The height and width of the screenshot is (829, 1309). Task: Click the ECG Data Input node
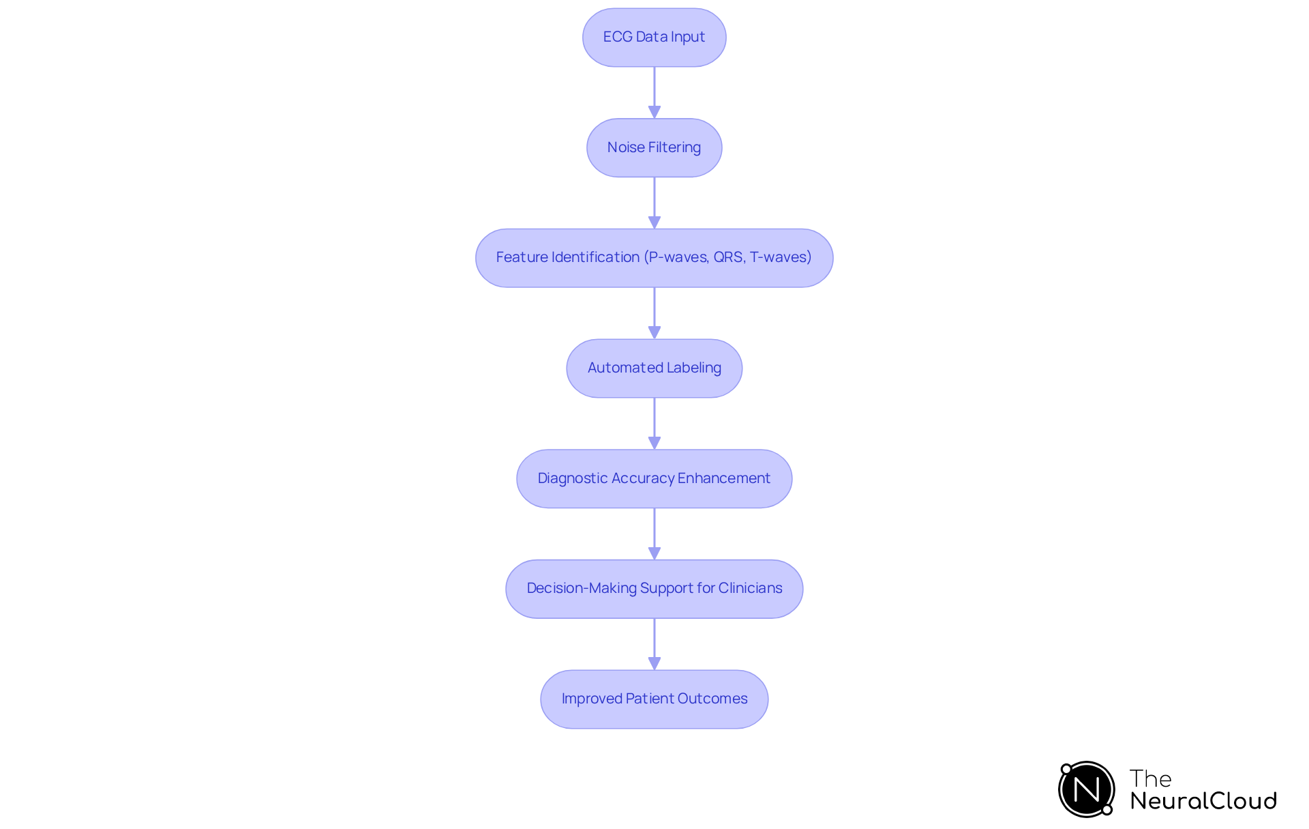coord(654,38)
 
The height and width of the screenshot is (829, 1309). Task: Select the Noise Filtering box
coord(654,147)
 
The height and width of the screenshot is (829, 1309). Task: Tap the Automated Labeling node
coord(654,368)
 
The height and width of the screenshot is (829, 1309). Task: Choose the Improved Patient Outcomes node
coord(654,699)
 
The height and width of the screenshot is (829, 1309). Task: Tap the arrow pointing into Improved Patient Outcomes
coord(654,643)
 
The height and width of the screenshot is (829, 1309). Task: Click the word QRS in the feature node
coord(729,257)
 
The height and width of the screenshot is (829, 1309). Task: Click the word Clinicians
coord(750,588)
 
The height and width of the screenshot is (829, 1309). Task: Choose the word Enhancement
coord(723,478)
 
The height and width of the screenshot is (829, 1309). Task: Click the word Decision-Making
coord(582,588)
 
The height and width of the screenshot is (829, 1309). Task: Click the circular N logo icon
coord(1086,789)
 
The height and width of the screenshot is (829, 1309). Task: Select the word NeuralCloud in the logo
coord(1203,801)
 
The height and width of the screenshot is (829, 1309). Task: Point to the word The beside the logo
coord(1150,779)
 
